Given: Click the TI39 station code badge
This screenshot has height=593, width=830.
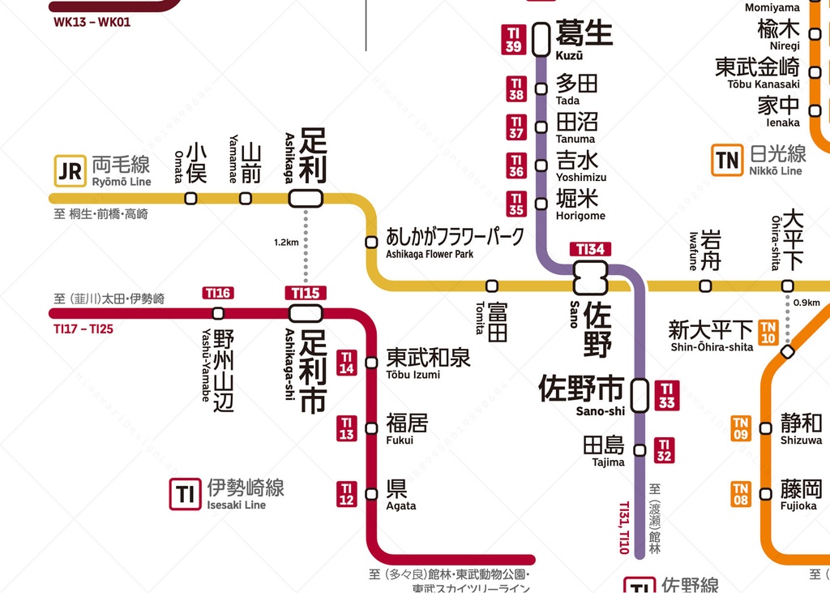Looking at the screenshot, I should tap(513, 39).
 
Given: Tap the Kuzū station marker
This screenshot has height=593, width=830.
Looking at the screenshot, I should tap(541, 39).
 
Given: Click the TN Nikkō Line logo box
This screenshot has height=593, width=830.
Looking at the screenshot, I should tap(727, 161).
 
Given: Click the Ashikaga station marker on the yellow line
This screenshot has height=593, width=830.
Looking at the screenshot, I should tap(306, 198).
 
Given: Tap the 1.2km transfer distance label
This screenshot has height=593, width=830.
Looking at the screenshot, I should tap(286, 243).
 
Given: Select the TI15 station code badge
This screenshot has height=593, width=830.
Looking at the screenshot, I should tap(306, 293).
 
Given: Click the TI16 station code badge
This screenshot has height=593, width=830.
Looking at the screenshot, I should tap(218, 293).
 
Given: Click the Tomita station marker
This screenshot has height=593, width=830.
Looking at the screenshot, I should tap(491, 286).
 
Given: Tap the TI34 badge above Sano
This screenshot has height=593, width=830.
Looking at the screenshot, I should tap(590, 250).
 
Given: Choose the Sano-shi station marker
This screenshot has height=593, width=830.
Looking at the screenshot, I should tap(640, 395).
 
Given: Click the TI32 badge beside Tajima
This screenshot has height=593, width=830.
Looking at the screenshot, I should tap(664, 450).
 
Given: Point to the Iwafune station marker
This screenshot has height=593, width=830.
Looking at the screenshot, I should tap(705, 286).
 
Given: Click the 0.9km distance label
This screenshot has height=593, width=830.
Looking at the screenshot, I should tap(807, 303).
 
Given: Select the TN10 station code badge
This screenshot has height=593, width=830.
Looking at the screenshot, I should tap(768, 332).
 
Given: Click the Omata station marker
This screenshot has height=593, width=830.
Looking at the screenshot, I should tap(190, 198).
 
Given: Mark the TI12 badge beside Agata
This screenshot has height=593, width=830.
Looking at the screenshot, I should tap(347, 493).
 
